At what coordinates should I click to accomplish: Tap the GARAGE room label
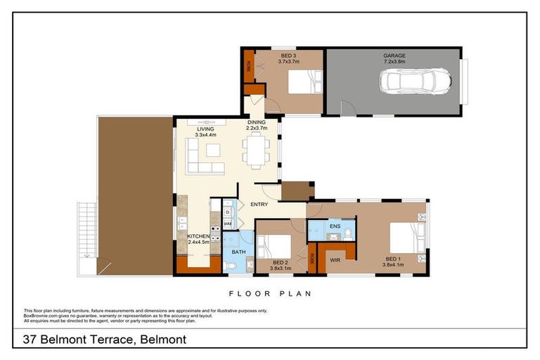click(x=394, y=56)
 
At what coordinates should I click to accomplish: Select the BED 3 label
click(x=288, y=56)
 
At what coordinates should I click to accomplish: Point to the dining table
click(x=255, y=150)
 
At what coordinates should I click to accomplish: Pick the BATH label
click(x=238, y=251)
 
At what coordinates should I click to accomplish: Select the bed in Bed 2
click(x=276, y=247)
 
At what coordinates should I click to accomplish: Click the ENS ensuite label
click(x=335, y=226)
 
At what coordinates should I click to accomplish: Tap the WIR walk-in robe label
click(x=335, y=260)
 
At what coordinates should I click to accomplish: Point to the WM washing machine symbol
click(x=228, y=224)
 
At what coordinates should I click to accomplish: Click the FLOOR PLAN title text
click(x=269, y=294)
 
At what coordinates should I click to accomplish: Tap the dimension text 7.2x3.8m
click(x=394, y=62)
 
